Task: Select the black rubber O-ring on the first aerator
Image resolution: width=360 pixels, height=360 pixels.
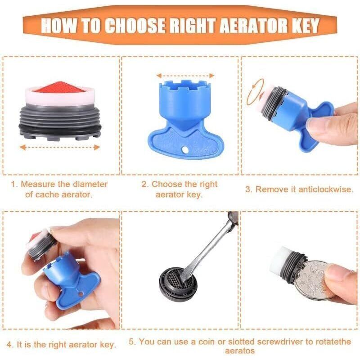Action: [60, 130]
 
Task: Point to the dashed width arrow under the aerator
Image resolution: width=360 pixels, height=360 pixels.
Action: [60, 147]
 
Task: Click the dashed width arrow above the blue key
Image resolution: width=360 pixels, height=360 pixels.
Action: [185, 76]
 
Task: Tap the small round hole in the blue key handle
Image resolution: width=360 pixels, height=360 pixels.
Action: [185, 150]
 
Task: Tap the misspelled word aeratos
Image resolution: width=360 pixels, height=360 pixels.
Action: [240, 351]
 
